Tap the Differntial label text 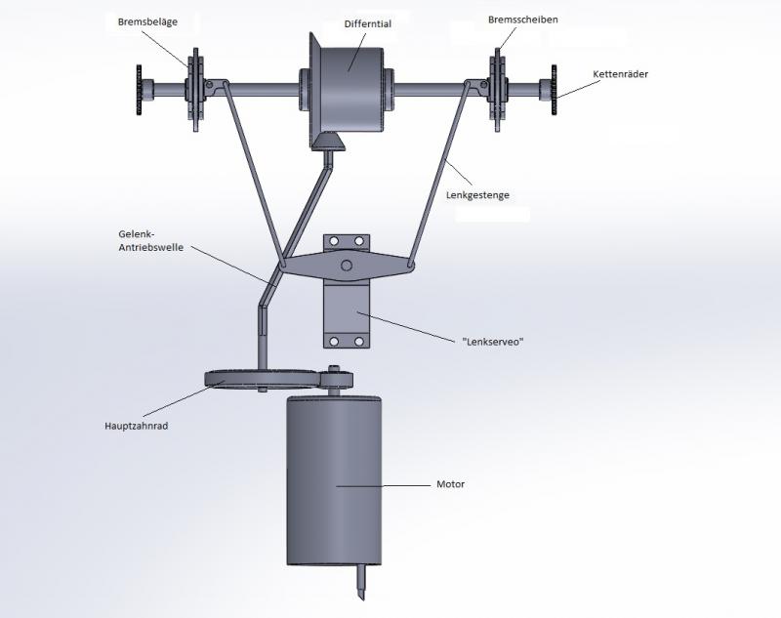367,23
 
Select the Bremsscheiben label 523,19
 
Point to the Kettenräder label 621,74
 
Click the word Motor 450,484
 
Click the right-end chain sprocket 554,90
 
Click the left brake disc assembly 196,90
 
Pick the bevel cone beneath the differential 329,143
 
